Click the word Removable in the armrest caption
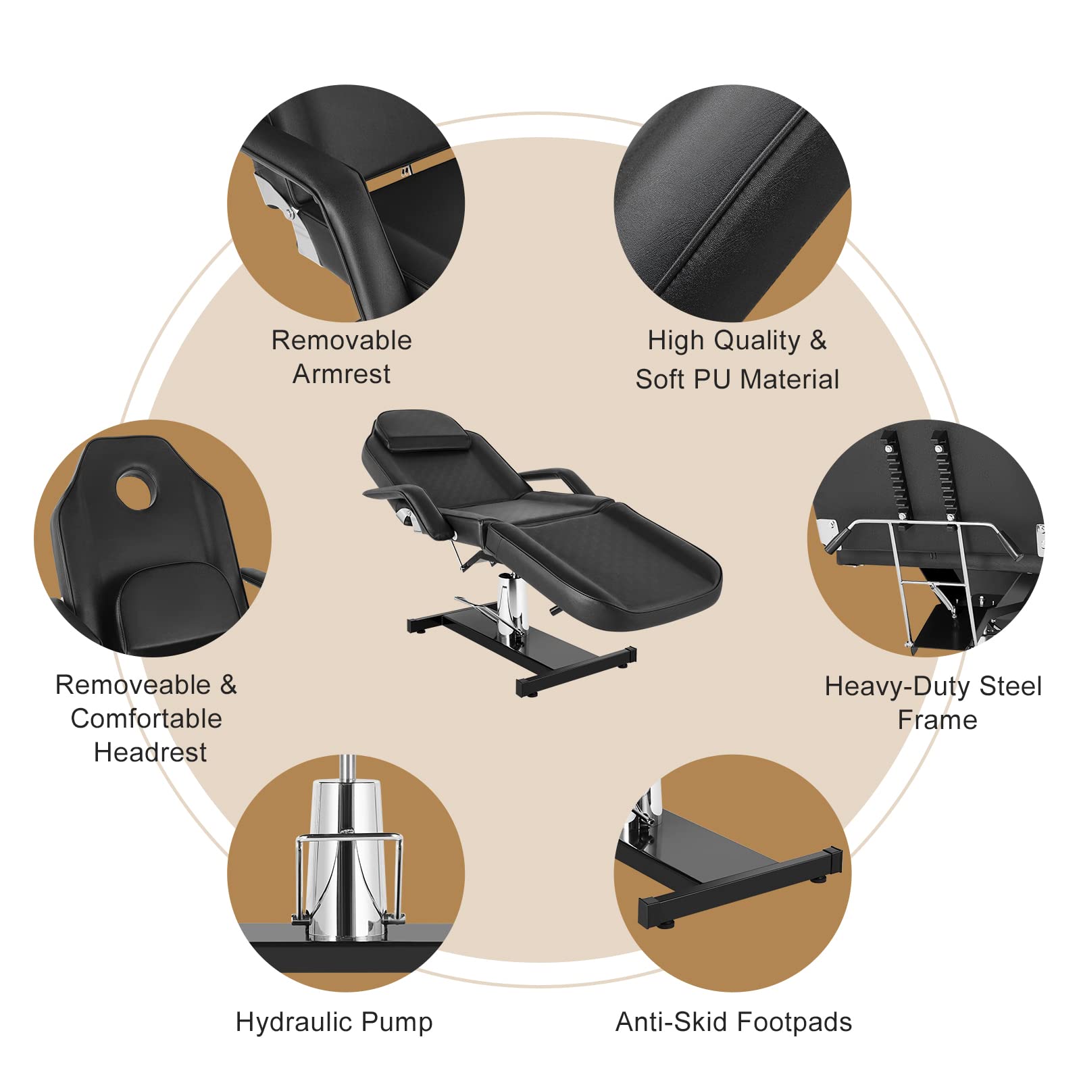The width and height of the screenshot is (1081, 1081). (x=341, y=340)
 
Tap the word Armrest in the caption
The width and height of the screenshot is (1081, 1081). (x=341, y=374)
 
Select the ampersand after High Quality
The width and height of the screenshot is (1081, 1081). (x=818, y=340)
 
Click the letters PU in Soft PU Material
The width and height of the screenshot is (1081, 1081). (x=711, y=379)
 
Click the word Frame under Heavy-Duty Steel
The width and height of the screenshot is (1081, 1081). (x=937, y=720)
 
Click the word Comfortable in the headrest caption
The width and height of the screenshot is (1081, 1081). (x=146, y=718)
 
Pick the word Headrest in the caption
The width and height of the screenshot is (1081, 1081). (x=150, y=752)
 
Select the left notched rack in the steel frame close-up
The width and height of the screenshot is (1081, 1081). (x=895, y=473)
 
